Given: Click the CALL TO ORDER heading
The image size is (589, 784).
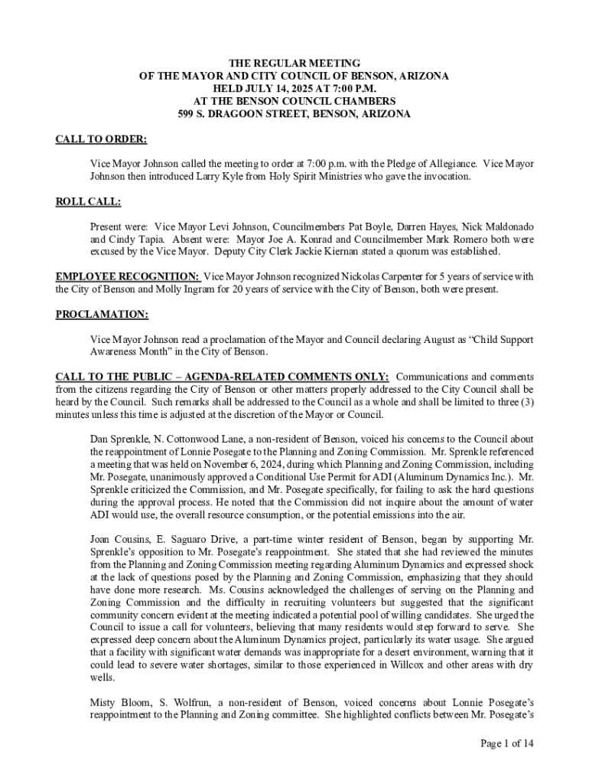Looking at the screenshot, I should pos(101,139).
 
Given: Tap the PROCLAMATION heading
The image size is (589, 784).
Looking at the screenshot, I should pos(102,314).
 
